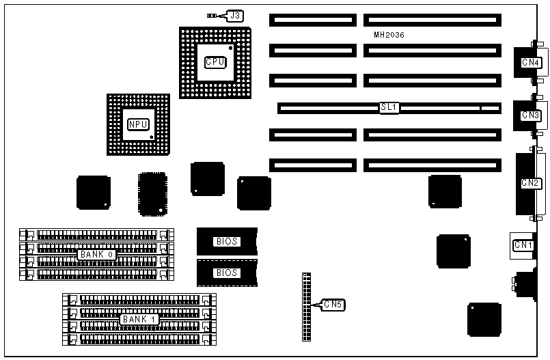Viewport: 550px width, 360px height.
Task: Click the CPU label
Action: (215, 61)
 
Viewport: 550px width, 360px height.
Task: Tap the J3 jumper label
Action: (234, 15)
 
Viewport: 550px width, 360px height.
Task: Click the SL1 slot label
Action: (389, 108)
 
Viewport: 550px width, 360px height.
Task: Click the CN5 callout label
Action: (334, 304)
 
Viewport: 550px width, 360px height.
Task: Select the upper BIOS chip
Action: (227, 241)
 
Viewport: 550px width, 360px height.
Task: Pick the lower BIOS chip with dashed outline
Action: (227, 273)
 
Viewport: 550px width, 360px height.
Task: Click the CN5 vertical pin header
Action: (305, 306)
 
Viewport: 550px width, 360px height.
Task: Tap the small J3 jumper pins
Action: (213, 15)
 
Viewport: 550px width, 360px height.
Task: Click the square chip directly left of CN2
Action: (445, 191)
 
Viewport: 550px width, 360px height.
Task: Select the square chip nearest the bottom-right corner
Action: (484, 320)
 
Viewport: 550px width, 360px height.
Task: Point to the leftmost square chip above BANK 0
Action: (94, 192)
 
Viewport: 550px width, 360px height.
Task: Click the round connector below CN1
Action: (527, 283)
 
